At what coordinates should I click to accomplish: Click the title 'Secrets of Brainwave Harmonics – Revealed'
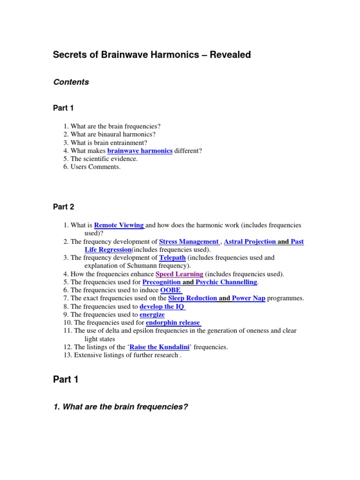[152, 55]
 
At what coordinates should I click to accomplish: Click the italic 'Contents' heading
[71, 82]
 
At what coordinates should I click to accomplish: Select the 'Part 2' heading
[64, 207]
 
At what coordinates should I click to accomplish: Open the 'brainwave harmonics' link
[140, 150]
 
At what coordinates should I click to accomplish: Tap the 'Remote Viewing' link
[119, 225]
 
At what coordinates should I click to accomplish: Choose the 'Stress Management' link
[188, 241]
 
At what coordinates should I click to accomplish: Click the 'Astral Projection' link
[250, 241]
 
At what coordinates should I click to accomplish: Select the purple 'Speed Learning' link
[179, 274]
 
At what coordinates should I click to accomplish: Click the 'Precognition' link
[161, 282]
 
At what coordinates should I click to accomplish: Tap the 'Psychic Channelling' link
[226, 282]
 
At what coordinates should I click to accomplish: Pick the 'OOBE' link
[171, 290]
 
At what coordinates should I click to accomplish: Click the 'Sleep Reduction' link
[192, 298]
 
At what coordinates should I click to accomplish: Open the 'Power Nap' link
[248, 298]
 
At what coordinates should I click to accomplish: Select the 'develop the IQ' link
[162, 307]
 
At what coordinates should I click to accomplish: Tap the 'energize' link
[152, 315]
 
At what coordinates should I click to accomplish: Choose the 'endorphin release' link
[173, 322]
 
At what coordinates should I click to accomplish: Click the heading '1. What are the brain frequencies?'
[120, 407]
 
